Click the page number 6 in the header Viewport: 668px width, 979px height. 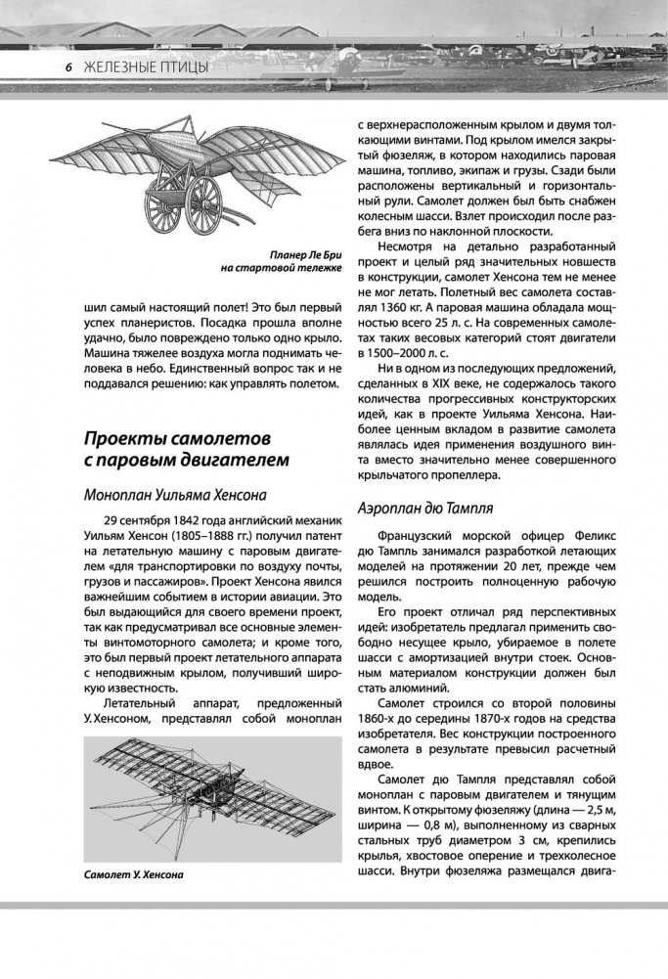pyautogui.click(x=69, y=67)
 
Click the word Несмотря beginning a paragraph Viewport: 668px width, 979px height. pyautogui.click(x=410, y=242)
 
